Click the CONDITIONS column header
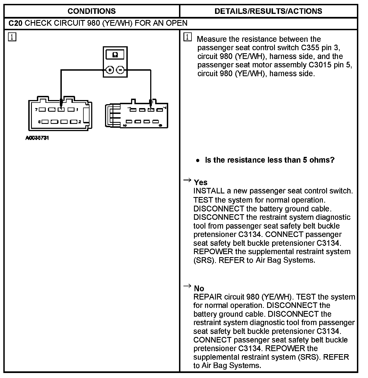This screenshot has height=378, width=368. pyautogui.click(x=91, y=11)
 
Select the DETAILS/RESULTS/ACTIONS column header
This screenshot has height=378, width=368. pyautogui.click(x=268, y=11)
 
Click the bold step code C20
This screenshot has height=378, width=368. pyautogui.click(x=15, y=23)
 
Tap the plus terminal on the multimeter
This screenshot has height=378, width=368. pyautogui.click(x=110, y=70)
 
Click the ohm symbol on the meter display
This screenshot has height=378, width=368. pyautogui.click(x=115, y=55)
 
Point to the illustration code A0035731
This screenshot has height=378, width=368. pyautogui.click(x=37, y=138)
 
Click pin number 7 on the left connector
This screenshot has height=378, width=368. pyautogui.click(x=36, y=109)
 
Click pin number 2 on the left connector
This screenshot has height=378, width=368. pyautogui.click(x=80, y=122)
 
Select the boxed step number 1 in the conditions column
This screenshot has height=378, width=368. pyautogui.click(x=12, y=37)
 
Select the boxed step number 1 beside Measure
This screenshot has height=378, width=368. pyautogui.click(x=188, y=37)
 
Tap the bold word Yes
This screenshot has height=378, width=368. pyautogui.click(x=201, y=182)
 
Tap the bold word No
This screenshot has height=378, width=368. pyautogui.click(x=199, y=288)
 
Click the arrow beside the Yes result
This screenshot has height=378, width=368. pyautogui.click(x=187, y=180)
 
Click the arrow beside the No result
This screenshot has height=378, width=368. pyautogui.click(x=187, y=286)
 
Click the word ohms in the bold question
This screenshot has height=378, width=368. pyautogui.click(x=325, y=160)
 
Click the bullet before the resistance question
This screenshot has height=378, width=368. pyautogui.click(x=197, y=160)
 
